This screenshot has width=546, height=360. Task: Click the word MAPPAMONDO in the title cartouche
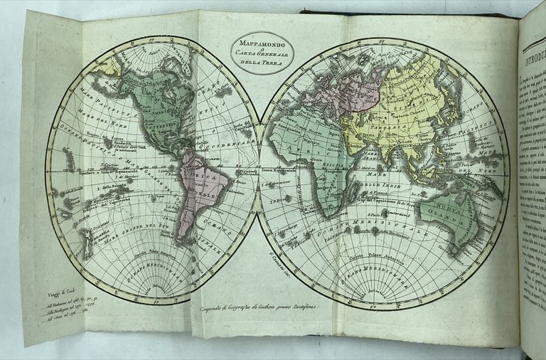257,42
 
